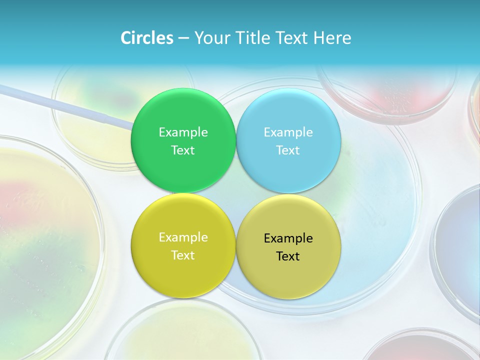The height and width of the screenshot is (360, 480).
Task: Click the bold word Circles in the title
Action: click(x=147, y=37)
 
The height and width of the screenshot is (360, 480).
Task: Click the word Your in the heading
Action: click(x=211, y=38)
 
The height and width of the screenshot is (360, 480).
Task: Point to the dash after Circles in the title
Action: click(x=183, y=38)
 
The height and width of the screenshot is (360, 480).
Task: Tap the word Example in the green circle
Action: click(x=183, y=132)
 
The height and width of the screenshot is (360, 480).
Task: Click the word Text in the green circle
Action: click(x=183, y=150)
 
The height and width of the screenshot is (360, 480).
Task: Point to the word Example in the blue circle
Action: click(x=288, y=132)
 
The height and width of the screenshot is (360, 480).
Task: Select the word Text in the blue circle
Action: click(x=288, y=150)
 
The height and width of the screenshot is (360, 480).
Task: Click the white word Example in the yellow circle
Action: click(x=183, y=237)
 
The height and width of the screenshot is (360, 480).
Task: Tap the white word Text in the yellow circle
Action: click(x=183, y=255)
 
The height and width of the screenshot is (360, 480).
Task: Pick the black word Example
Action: click(x=288, y=238)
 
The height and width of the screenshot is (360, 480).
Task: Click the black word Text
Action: click(x=288, y=256)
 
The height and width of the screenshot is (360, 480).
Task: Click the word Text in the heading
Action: click(x=291, y=37)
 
